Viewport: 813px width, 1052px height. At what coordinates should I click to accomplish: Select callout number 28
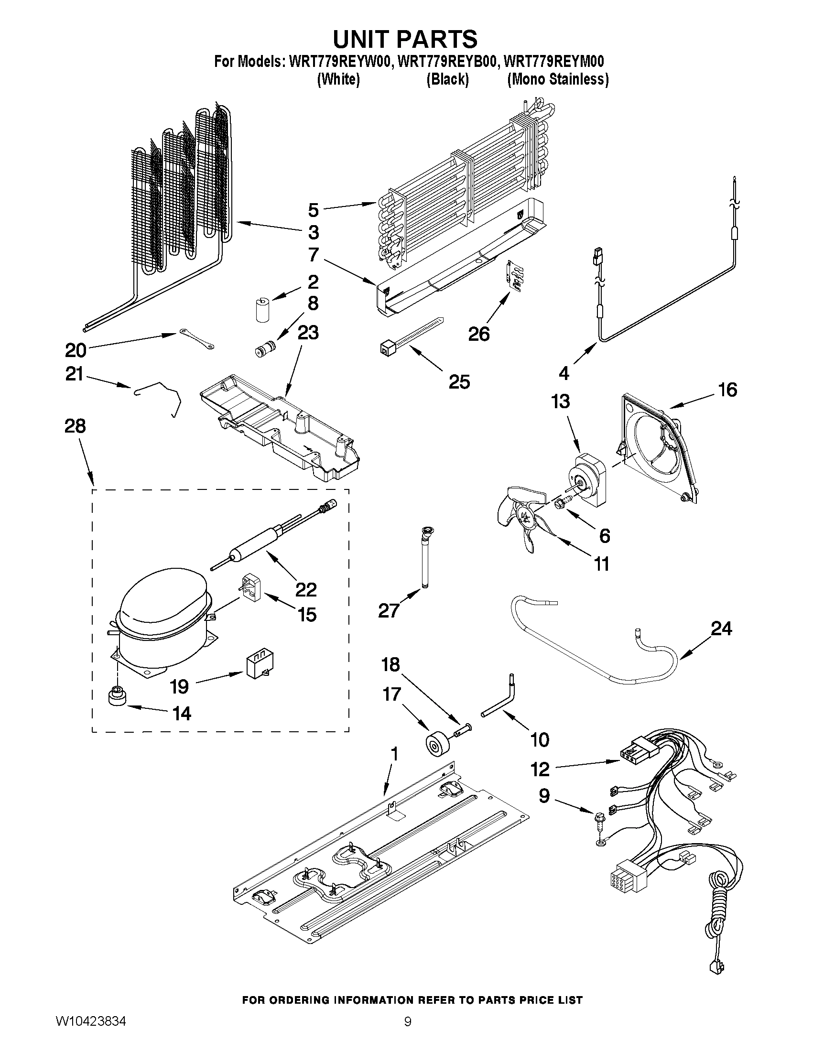coord(75,427)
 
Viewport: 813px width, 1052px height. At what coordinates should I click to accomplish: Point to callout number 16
coord(727,390)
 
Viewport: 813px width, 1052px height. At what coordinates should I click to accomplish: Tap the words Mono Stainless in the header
coord(558,79)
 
